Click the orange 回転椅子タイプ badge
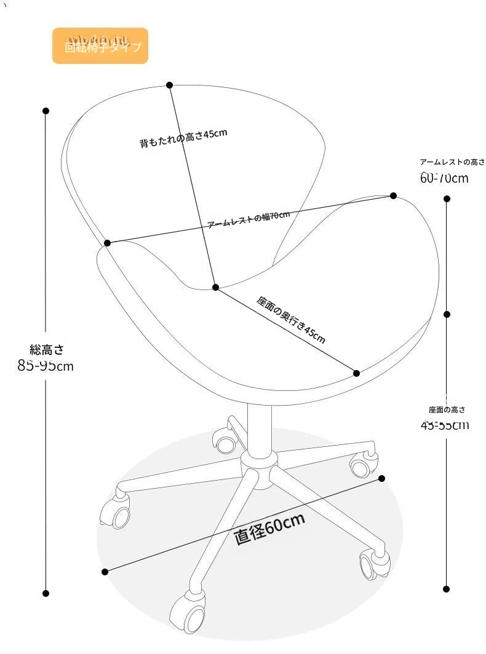(100, 46)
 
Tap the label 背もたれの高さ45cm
(183, 138)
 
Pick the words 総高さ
(46, 350)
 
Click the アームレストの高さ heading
(452, 162)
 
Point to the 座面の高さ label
(447, 409)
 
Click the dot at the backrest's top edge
(170, 85)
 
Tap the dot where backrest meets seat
(215, 287)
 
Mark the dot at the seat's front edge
(356, 372)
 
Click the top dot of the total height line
(46, 111)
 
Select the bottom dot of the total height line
(46, 593)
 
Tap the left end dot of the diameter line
(105, 572)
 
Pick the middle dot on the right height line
(447, 314)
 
